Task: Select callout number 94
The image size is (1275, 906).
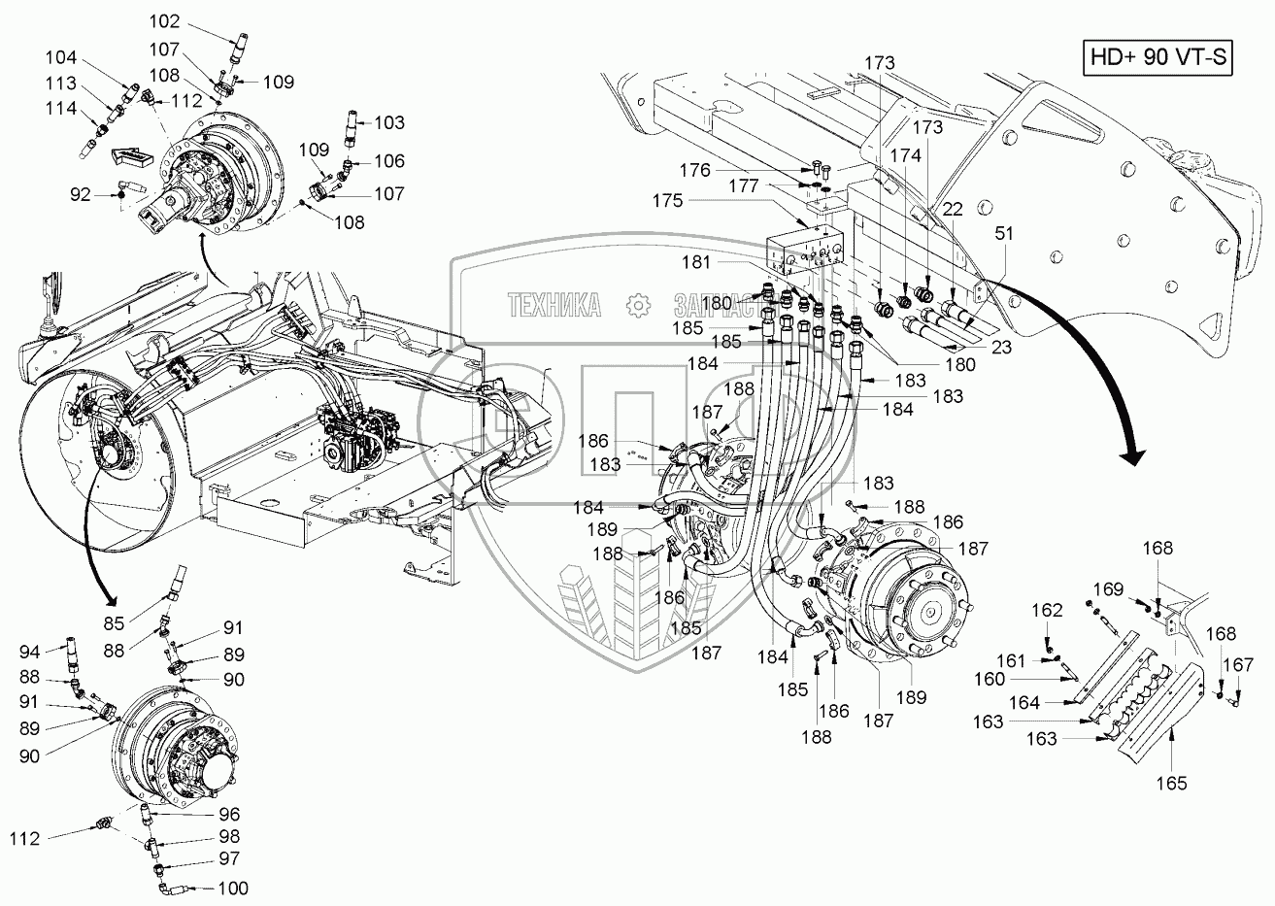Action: (x=30, y=652)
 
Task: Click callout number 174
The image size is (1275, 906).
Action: (x=907, y=153)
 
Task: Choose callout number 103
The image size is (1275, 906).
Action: (x=388, y=123)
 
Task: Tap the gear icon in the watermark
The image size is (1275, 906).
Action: (x=638, y=305)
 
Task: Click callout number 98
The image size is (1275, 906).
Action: (x=229, y=836)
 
